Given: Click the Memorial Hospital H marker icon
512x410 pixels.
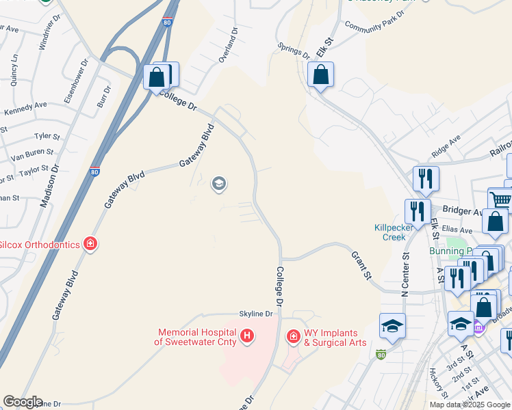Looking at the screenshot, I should click(x=247, y=336).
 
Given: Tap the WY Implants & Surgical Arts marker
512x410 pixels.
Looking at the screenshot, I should click(x=293, y=336).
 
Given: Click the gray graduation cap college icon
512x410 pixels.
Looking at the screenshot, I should click(x=220, y=183).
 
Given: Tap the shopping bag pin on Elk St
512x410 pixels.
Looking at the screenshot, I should click(x=320, y=74).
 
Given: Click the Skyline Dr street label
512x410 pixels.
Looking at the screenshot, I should click(x=256, y=314).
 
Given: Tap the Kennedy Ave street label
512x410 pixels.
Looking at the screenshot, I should click(x=25, y=108).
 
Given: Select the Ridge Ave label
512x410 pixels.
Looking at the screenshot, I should click(x=446, y=146).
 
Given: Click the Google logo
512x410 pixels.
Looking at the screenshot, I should click(x=23, y=402).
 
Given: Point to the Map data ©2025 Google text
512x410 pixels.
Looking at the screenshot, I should click(x=469, y=405).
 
